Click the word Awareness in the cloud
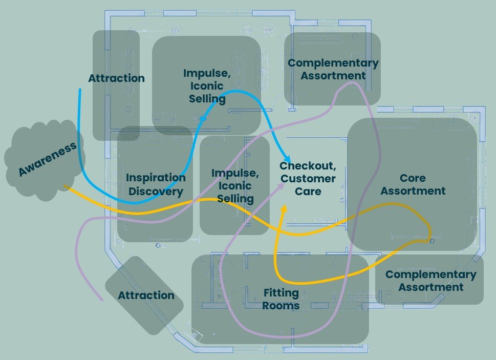[48, 159]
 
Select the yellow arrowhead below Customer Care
[284, 208]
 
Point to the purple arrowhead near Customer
[281, 186]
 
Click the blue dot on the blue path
[203, 119]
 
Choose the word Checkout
[308, 166]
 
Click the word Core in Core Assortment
[413, 178]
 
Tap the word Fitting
[281, 293]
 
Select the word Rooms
[281, 306]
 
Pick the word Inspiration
[156, 178]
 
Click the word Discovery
[156, 192]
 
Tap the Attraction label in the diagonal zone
[146, 295]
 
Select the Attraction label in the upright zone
[116, 78]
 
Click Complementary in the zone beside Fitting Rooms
[431, 274]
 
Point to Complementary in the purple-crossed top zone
[333, 63]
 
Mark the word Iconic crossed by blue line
[207, 86]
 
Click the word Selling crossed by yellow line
[235, 199]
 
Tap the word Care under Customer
[308, 192]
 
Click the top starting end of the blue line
[80, 89]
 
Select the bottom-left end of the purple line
[102, 300]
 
